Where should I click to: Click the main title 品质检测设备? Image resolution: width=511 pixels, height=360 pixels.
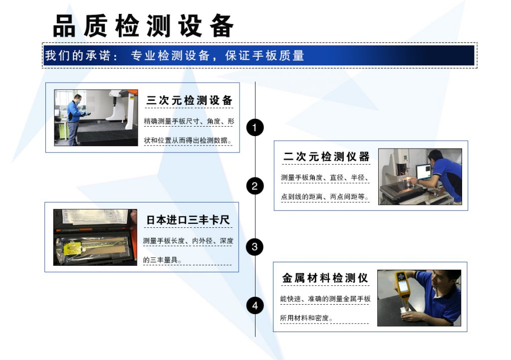(x=143, y=26)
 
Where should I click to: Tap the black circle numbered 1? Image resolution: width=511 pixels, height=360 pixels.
(x=255, y=128)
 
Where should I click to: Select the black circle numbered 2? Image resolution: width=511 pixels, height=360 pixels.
(x=255, y=186)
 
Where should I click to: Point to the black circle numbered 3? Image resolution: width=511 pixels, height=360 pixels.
(x=255, y=246)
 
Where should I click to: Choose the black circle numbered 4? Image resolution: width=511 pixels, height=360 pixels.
(x=255, y=305)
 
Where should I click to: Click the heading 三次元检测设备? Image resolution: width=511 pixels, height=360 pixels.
(x=189, y=100)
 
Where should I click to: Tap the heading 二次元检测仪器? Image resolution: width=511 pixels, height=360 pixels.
(x=326, y=157)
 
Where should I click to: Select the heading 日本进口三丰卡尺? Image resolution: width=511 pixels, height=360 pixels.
(x=188, y=220)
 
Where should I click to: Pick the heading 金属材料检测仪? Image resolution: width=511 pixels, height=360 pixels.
(x=325, y=278)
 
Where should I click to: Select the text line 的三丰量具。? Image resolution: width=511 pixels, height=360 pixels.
(x=163, y=260)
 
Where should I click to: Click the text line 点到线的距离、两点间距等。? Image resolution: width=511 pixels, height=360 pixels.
(x=325, y=197)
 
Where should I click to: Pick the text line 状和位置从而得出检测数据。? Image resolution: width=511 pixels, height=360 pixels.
(x=188, y=140)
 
